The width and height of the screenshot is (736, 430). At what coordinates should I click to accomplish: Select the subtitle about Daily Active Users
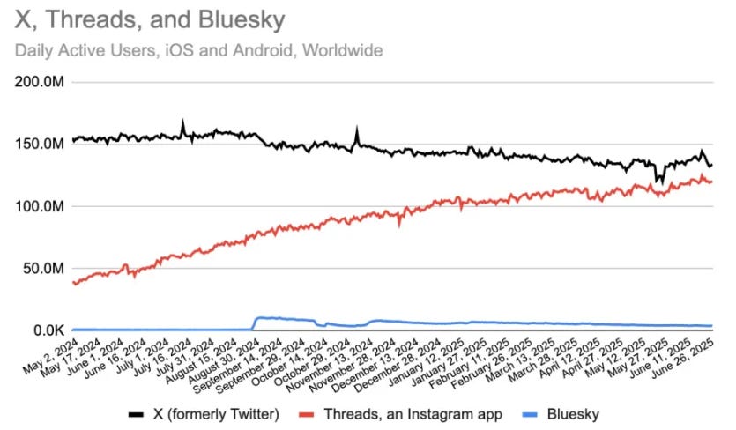(199, 50)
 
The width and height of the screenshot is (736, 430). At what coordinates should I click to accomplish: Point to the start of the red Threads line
(74, 283)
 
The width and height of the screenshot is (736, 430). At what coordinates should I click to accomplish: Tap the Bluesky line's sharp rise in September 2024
(254, 322)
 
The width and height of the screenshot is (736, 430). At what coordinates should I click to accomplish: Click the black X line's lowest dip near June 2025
(658, 182)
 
